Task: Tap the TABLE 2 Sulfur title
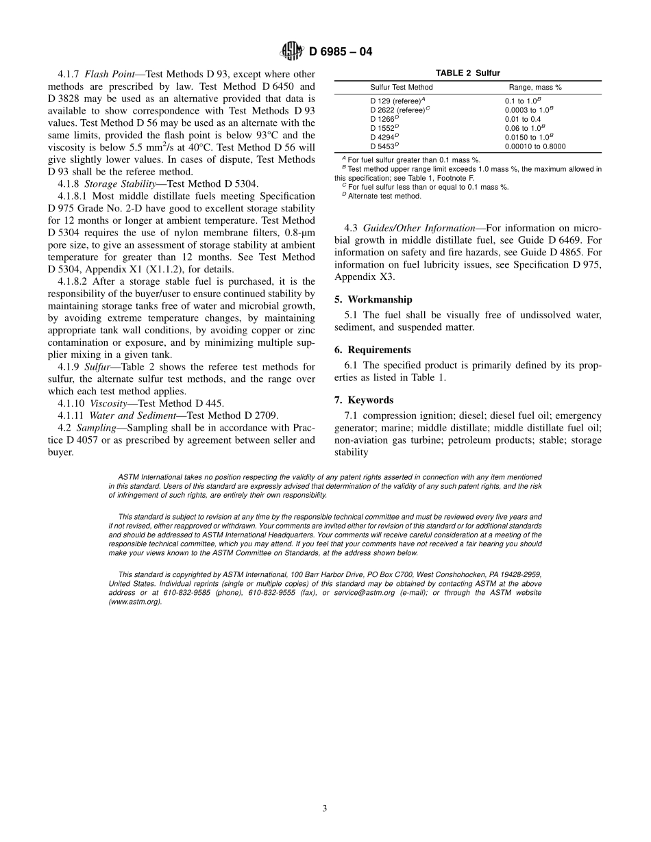(468, 73)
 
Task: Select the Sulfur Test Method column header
(402, 88)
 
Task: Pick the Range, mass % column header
(535, 88)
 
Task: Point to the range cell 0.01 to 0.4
(522, 119)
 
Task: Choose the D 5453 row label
(383, 146)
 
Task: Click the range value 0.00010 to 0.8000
(535, 146)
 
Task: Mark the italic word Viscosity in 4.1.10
(108, 403)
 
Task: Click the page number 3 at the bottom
(325, 808)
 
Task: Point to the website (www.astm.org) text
(135, 602)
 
